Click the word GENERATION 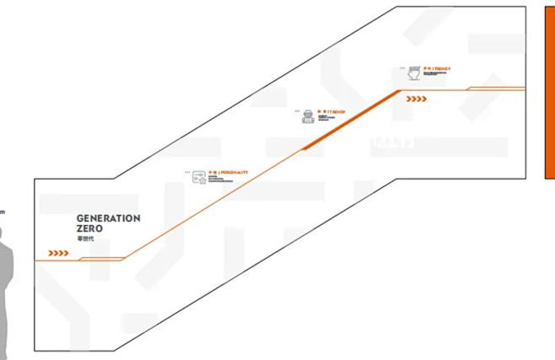tap(108, 218)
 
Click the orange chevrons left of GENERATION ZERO tap(58, 253)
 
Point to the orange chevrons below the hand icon tap(417, 99)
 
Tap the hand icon tap(413, 73)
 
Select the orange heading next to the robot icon tap(331, 110)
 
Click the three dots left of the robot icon tap(297, 110)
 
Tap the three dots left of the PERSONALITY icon tap(188, 172)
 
